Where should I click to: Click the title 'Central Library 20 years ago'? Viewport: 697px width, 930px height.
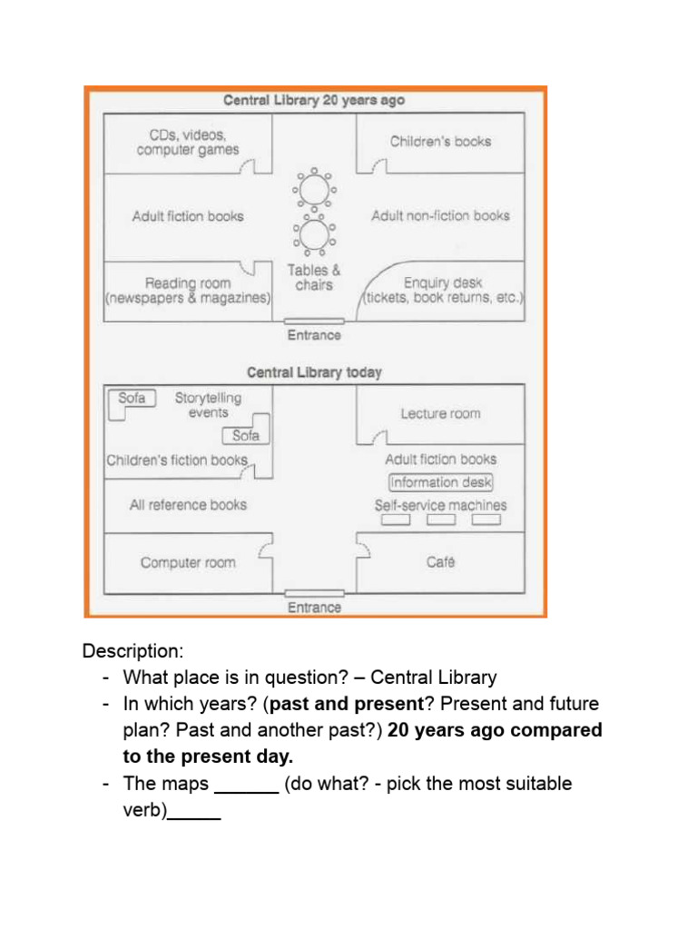click(x=314, y=100)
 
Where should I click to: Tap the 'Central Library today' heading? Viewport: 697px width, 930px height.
click(x=314, y=372)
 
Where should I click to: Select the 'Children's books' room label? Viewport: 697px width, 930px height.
click(x=440, y=142)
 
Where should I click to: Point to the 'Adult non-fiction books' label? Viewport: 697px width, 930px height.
click(x=440, y=216)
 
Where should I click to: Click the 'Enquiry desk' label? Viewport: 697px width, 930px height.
click(x=442, y=282)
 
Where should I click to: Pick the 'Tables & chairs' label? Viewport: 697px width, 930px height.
click(x=314, y=277)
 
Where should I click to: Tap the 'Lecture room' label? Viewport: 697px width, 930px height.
click(x=440, y=414)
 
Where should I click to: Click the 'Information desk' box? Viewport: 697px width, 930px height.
click(x=440, y=483)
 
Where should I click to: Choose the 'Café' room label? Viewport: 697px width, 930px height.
click(x=440, y=563)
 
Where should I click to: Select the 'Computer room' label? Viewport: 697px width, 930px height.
click(x=188, y=563)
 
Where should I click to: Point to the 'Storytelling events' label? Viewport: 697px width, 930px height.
click(x=209, y=405)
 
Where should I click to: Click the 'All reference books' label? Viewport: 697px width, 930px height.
click(x=188, y=505)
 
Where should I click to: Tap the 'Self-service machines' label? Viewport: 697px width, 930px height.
click(x=440, y=505)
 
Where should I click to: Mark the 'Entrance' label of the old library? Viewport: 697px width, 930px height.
click(x=314, y=335)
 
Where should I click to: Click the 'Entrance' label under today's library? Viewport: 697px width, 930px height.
click(x=314, y=608)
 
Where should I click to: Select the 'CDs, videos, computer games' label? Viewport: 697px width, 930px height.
click(x=188, y=143)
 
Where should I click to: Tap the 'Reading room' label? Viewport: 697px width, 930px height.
click(x=188, y=282)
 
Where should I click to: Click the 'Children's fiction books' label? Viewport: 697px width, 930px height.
click(x=177, y=460)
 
